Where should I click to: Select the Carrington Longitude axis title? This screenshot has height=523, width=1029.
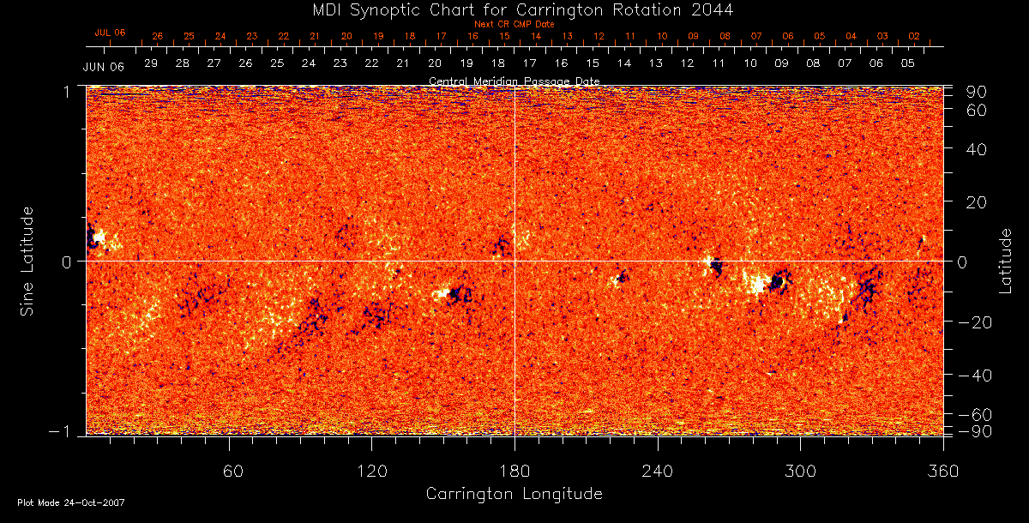pyautogui.click(x=514, y=494)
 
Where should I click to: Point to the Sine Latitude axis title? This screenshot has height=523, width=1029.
pyautogui.click(x=28, y=261)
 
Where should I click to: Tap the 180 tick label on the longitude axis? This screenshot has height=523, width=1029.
pyautogui.click(x=514, y=471)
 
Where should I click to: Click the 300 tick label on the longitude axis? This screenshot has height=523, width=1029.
pyautogui.click(x=801, y=471)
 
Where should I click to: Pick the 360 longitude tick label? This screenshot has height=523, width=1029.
pyautogui.click(x=943, y=471)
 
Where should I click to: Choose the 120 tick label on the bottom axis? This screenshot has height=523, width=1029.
pyautogui.click(x=371, y=471)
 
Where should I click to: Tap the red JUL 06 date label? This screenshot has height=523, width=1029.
pyautogui.click(x=110, y=33)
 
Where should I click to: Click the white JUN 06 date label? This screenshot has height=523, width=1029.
pyautogui.click(x=104, y=67)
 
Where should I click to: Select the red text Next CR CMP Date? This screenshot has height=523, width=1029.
pyautogui.click(x=514, y=25)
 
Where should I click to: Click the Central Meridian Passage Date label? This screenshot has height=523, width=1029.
pyautogui.click(x=514, y=81)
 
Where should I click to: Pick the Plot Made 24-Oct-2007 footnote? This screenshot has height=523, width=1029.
pyautogui.click(x=71, y=502)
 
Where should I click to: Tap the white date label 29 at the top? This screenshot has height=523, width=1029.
pyautogui.click(x=151, y=63)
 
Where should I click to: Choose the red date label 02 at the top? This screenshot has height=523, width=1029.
pyautogui.click(x=914, y=37)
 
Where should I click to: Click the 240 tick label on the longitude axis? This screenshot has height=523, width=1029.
pyautogui.click(x=658, y=471)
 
